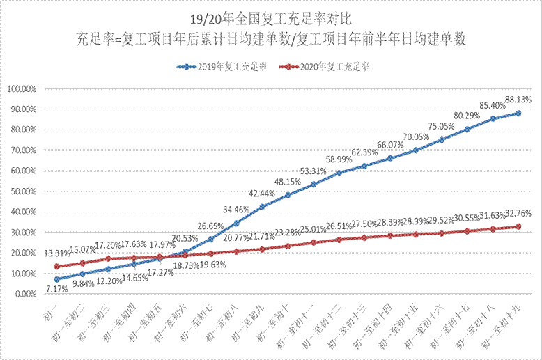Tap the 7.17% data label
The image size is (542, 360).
pyautogui.click(x=56, y=289)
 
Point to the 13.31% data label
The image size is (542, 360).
pyautogui.click(x=56, y=253)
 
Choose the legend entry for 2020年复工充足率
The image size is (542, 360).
pyautogui.click(x=327, y=67)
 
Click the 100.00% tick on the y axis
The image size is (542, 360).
pyautogui.click(x=23, y=89)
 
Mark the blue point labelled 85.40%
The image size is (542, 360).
pyautogui.click(x=493, y=118)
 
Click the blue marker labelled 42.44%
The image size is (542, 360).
pyautogui.click(x=262, y=207)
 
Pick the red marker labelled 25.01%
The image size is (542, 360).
pyautogui.click(x=313, y=242)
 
